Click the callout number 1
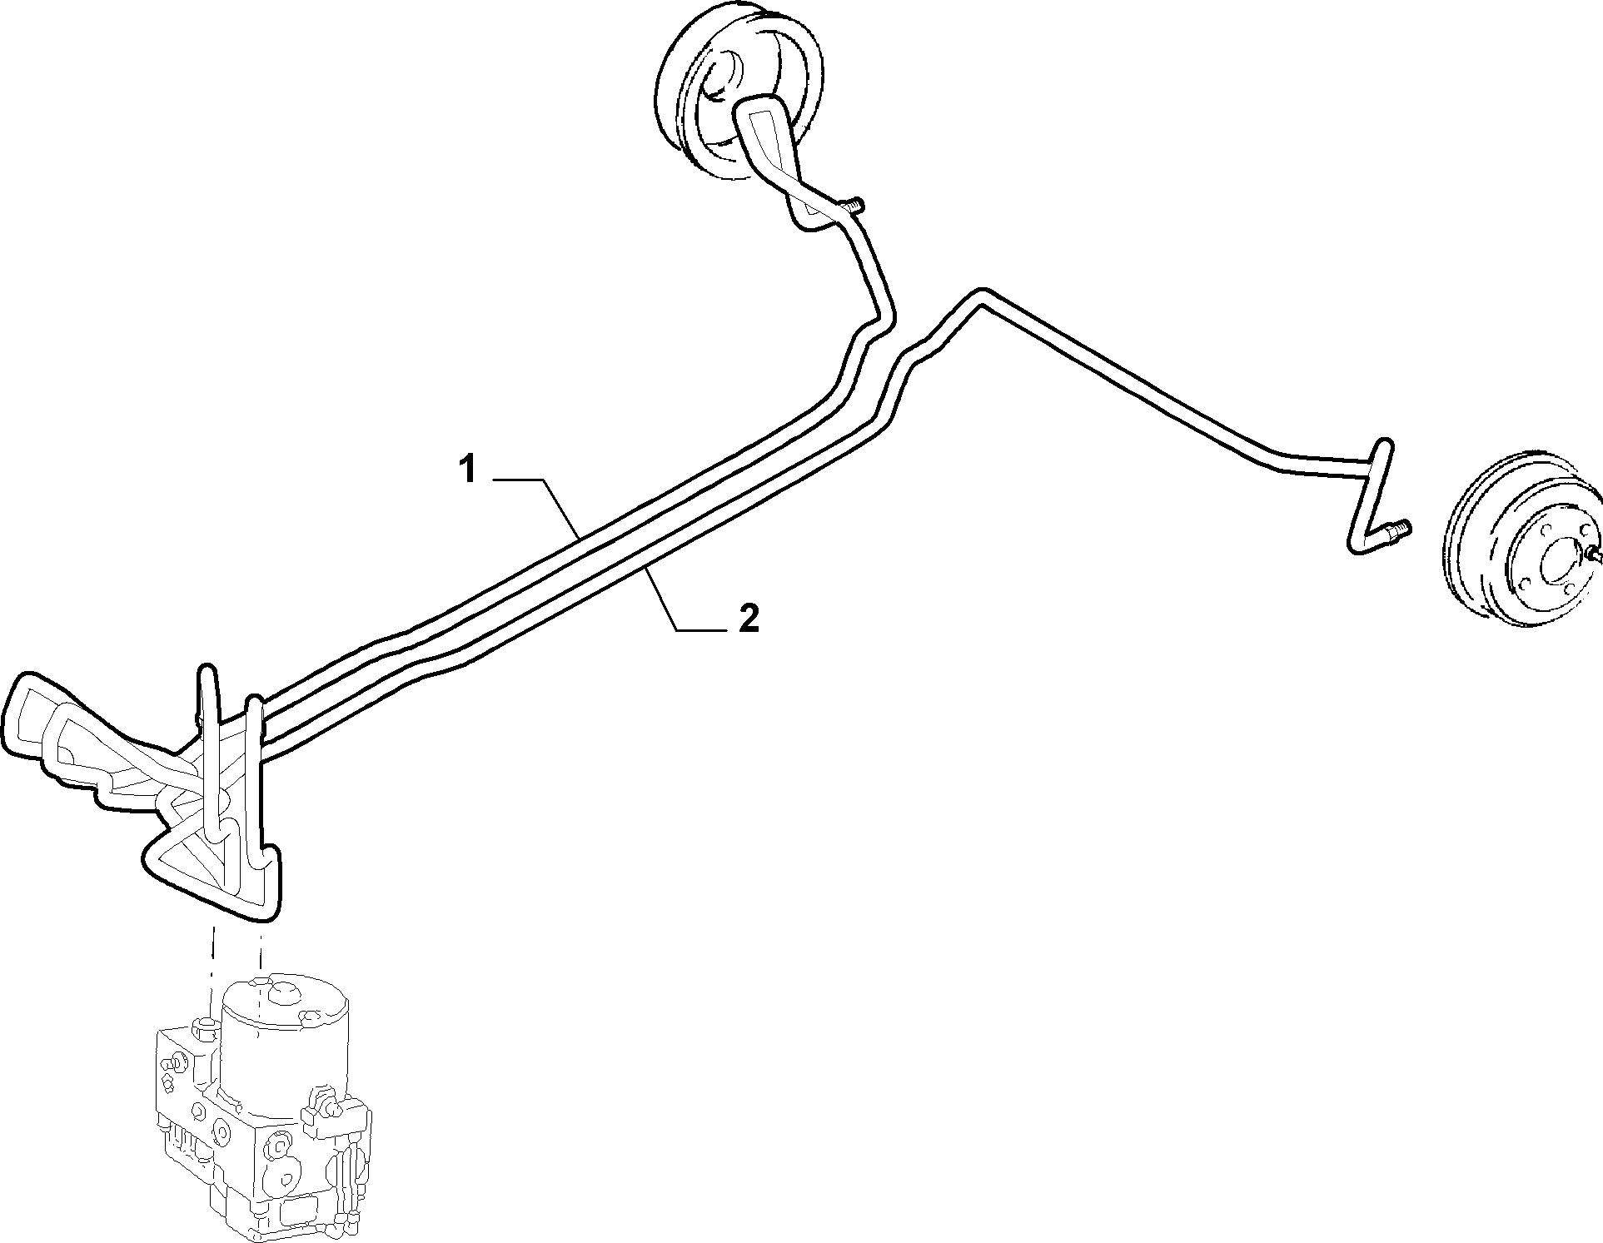pos(469,470)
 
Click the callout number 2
pos(749,619)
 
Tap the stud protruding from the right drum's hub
pos(1594,550)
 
